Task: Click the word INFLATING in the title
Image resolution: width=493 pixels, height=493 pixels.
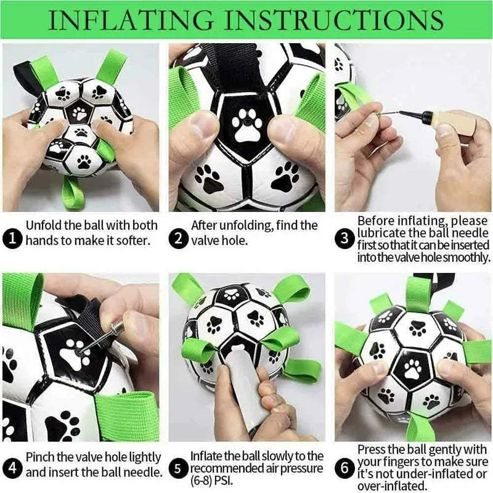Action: pos(131,20)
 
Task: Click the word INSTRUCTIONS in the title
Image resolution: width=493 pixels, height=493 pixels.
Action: pos(334,20)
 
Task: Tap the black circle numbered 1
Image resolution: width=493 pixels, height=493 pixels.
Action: pos(12,239)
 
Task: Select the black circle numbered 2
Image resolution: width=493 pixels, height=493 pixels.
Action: pos(178,239)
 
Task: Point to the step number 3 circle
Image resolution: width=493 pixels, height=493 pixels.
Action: pos(344,239)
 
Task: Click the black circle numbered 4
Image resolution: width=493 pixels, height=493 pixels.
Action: pos(12,468)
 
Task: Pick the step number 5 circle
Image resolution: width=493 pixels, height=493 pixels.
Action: pos(178,468)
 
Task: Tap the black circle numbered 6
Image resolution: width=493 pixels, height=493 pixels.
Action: pos(344,468)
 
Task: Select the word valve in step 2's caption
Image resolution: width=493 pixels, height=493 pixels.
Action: pos(206,241)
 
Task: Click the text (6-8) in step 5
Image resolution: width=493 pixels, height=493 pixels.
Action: pos(201,481)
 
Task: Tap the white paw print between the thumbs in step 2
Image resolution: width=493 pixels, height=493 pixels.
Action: pos(247,125)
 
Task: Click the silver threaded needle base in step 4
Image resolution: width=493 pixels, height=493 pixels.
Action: pos(116,328)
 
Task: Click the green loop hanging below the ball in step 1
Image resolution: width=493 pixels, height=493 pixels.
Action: pos(72,192)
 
